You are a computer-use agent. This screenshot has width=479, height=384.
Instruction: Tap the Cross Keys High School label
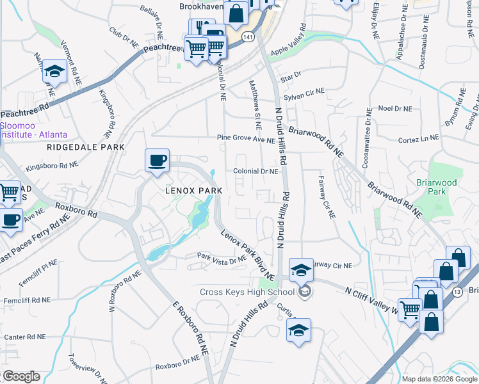coord(246,292)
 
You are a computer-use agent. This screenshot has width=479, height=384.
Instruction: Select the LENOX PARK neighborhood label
coord(193,191)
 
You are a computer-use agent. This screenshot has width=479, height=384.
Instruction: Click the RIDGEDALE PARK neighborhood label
coord(85,147)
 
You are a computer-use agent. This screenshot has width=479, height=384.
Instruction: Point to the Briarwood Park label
coord(437,187)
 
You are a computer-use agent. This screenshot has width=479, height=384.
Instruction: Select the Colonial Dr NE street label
coord(256,172)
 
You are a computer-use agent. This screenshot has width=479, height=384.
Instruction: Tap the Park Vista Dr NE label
coord(222,259)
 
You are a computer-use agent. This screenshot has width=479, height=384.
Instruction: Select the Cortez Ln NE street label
coord(418,138)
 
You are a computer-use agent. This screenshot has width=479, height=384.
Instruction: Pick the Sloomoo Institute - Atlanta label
coord(33,131)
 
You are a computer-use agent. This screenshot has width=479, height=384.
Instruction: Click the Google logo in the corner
coord(20,376)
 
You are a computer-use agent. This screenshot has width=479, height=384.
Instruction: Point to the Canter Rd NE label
coord(25,337)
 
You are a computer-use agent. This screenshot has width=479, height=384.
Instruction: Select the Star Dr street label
coord(291,76)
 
